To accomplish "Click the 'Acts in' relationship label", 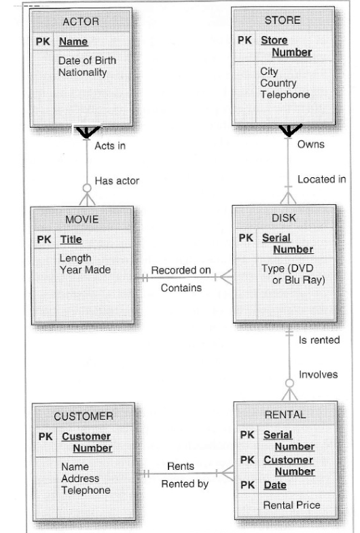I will pyautogui.click(x=109, y=145).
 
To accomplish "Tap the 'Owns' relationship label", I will pyautogui.click(x=310, y=145).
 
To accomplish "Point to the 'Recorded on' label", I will pyautogui.click(x=181, y=270).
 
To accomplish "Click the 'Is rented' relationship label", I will pyautogui.click(x=319, y=339).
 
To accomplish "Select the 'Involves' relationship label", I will pyautogui.click(x=318, y=375).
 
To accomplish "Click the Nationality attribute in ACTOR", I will pyautogui.click(x=83, y=72).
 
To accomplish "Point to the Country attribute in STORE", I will pyautogui.click(x=277, y=84).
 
